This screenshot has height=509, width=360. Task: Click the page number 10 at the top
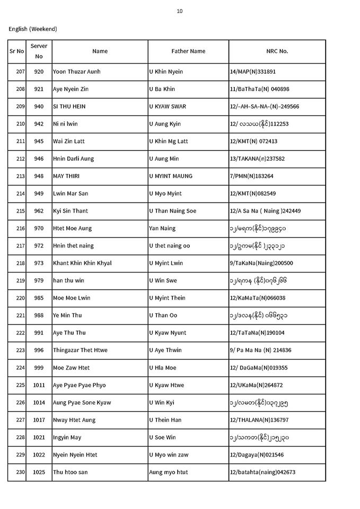[x=180, y=11]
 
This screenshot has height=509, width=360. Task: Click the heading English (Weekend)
[x=33, y=29]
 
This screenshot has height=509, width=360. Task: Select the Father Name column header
[x=188, y=51]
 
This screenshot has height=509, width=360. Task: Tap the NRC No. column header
[x=277, y=51]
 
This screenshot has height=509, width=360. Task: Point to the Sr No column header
[x=16, y=51]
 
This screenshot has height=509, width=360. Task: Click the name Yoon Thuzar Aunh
[x=76, y=72]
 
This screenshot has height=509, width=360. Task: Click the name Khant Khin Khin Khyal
[x=82, y=263]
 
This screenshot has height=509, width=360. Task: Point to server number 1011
[x=39, y=385]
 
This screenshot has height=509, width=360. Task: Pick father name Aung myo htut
[x=168, y=472]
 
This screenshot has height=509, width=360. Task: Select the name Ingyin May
[x=67, y=437]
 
